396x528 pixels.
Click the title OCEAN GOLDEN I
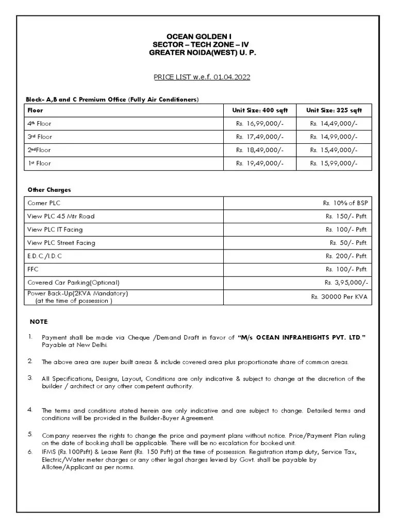click(x=199, y=38)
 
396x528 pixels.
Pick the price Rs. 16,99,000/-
click(x=260, y=124)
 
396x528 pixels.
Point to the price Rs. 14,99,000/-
click(x=333, y=137)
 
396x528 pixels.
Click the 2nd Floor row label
click(x=39, y=150)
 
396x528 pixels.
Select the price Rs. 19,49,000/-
click(x=260, y=163)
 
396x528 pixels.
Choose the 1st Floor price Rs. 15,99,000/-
click(x=333, y=163)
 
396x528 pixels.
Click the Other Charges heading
click(x=48, y=190)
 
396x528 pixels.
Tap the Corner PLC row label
click(x=44, y=203)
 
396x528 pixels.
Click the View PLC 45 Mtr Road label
click(x=61, y=217)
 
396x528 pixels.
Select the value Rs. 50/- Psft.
click(x=349, y=243)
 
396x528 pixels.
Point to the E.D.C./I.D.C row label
click(x=44, y=256)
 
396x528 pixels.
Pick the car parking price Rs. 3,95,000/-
click(x=346, y=283)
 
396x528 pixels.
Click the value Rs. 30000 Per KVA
click(x=339, y=297)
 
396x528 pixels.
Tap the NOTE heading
click(x=39, y=322)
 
